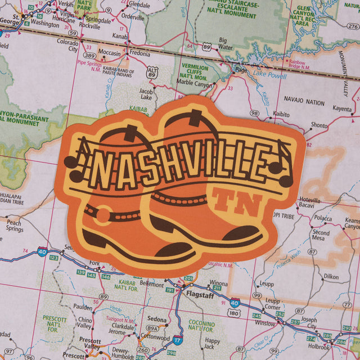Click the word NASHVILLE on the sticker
coord(180,165)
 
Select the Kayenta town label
coord(341,109)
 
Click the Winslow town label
coord(265,323)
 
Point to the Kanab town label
coord(120,36)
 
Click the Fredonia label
coord(139,54)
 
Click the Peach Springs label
coord(15,226)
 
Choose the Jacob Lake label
coord(146,94)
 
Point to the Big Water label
coord(226,44)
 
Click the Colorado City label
coord(67,45)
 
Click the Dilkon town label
coord(331,277)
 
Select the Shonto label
coord(319,125)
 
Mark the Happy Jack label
coord(213,344)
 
